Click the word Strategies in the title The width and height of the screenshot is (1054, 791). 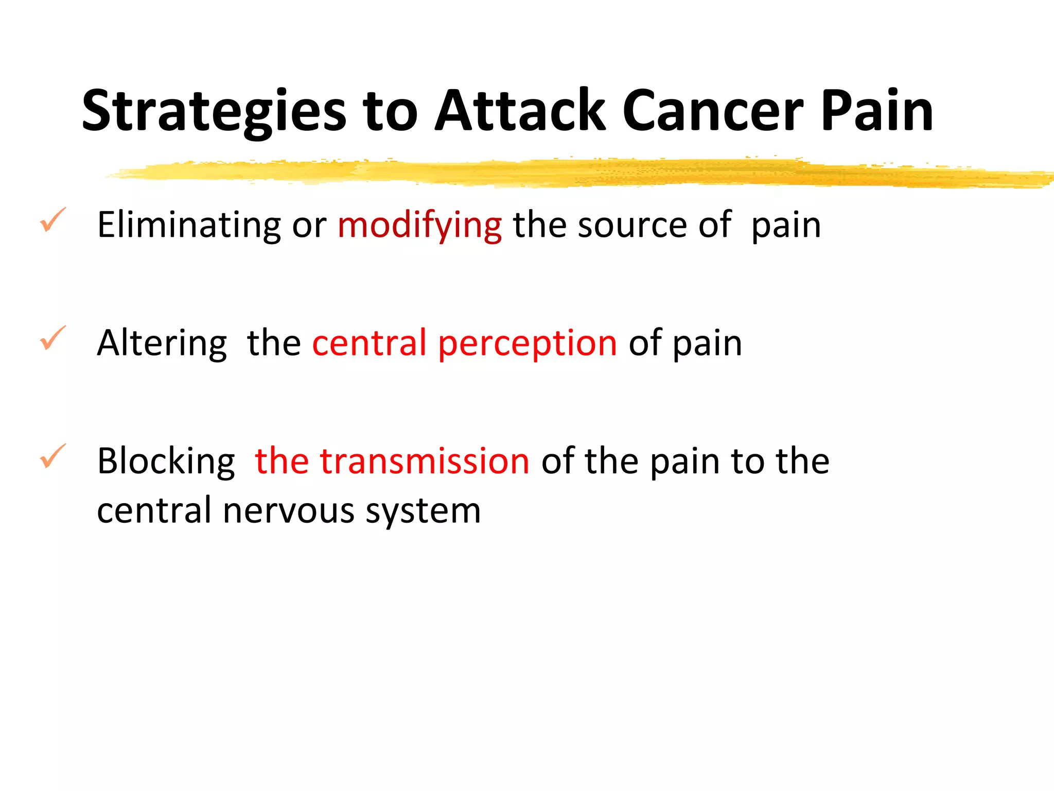[x=214, y=111]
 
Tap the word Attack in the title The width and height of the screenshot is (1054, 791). [x=520, y=111]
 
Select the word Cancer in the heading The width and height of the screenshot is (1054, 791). [x=713, y=111]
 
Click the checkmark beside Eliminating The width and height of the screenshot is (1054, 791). [x=52, y=220]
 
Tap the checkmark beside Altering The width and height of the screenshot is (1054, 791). [x=52, y=338]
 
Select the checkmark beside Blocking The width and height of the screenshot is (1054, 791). [x=52, y=456]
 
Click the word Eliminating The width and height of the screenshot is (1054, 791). [x=189, y=225]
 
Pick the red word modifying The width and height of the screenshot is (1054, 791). [x=419, y=225]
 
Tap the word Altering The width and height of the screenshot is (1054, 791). [x=162, y=343]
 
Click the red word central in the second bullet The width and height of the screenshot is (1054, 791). [x=369, y=343]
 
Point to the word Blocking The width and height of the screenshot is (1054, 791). [x=166, y=461]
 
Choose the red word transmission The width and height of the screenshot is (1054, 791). [x=425, y=461]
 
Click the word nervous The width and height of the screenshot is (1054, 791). [x=289, y=511]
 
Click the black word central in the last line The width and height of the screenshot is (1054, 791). [x=154, y=511]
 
